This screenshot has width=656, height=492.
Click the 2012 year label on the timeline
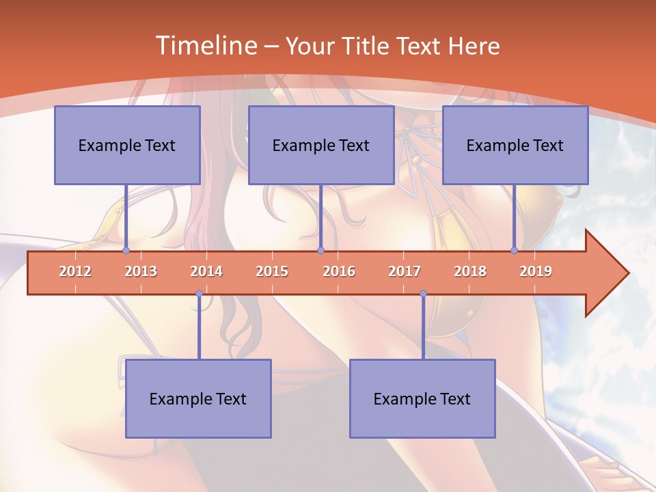(x=75, y=271)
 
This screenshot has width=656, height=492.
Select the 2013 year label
(x=141, y=271)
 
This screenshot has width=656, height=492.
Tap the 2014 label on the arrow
(x=206, y=271)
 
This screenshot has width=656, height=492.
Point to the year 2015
(x=272, y=271)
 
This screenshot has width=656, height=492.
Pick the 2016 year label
(x=339, y=271)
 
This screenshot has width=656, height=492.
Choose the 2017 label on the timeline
(x=405, y=271)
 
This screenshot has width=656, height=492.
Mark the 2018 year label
(x=470, y=271)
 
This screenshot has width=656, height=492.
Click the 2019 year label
(x=536, y=271)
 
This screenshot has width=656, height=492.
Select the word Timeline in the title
(x=206, y=46)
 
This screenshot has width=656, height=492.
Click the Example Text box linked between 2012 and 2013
(x=127, y=145)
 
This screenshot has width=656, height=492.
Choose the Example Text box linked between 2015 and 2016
(x=321, y=145)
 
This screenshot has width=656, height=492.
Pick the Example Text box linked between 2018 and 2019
(x=515, y=145)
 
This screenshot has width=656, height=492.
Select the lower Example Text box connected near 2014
(x=198, y=398)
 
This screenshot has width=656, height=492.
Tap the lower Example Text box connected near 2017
(x=422, y=398)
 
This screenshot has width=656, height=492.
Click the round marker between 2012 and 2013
(x=126, y=251)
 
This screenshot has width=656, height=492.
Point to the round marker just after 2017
(x=423, y=294)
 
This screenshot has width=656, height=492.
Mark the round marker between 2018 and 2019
(x=514, y=251)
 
